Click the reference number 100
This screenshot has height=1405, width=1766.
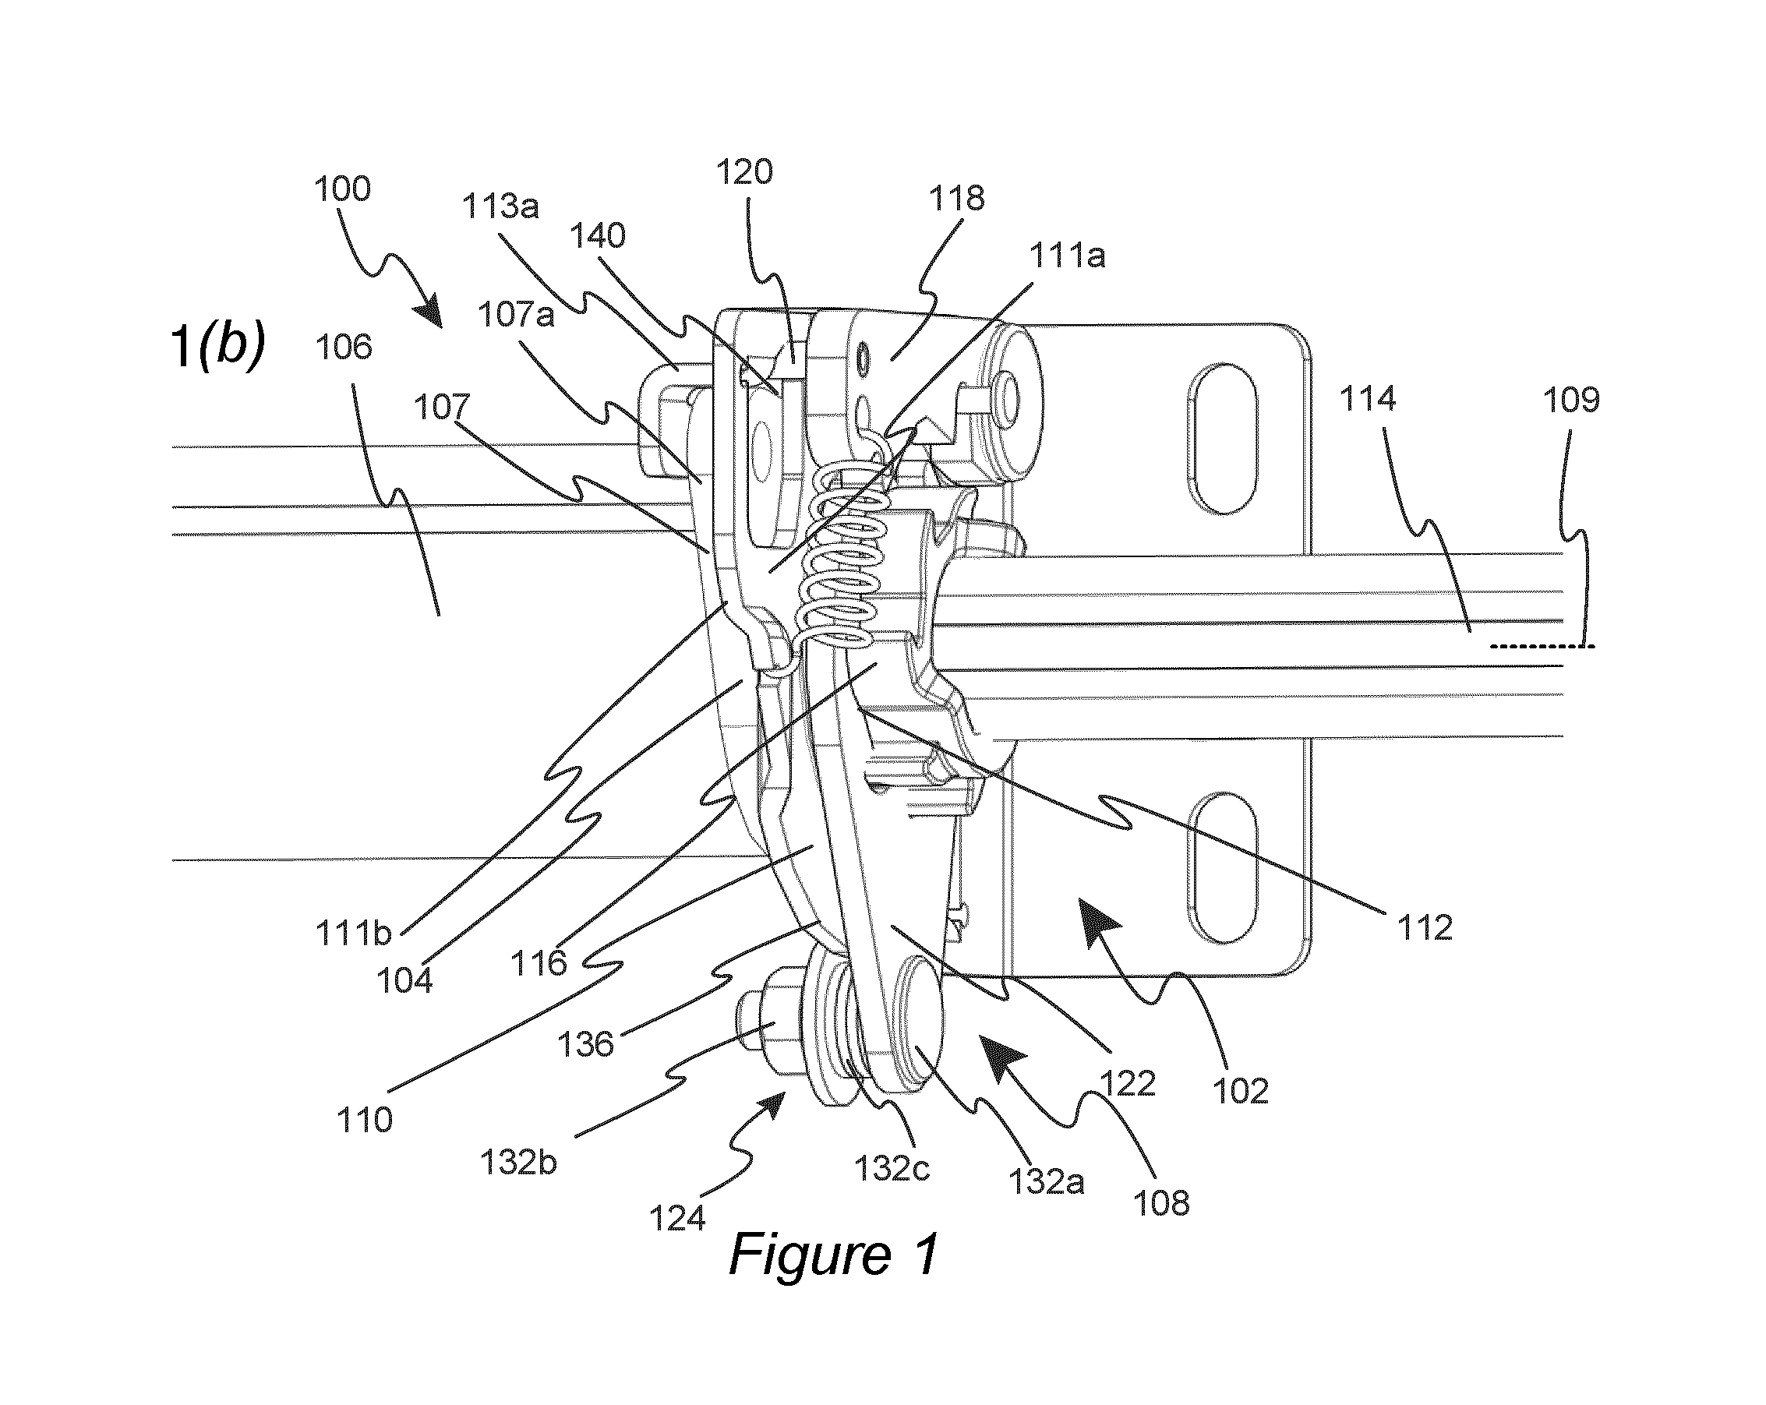pyautogui.click(x=342, y=189)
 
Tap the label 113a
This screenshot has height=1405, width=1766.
pyautogui.click(x=501, y=207)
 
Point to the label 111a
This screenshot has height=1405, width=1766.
pyautogui.click(x=1067, y=256)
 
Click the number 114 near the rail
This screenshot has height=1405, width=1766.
pyautogui.click(x=1366, y=399)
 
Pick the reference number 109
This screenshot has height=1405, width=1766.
pyautogui.click(x=1571, y=400)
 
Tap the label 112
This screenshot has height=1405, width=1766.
pyautogui.click(x=1425, y=927)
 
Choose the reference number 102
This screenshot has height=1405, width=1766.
pyautogui.click(x=1241, y=1090)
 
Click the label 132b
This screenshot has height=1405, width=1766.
pyautogui.click(x=518, y=1163)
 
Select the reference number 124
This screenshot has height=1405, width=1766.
pyautogui.click(x=677, y=1219)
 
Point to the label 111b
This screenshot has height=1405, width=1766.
pyautogui.click(x=354, y=934)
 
